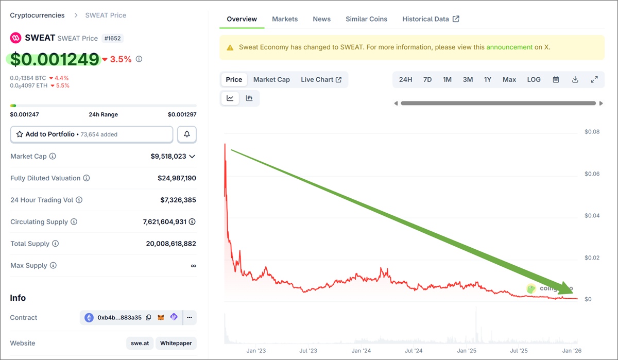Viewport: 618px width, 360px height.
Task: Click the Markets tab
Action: point(285,19)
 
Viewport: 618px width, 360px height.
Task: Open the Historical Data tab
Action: point(431,19)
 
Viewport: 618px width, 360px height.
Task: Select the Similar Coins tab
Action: point(366,19)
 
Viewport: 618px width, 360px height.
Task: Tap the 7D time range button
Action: point(427,79)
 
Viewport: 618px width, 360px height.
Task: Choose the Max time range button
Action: point(509,79)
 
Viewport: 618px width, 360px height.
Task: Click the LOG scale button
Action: point(534,79)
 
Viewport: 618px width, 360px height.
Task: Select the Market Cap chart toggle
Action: point(271,79)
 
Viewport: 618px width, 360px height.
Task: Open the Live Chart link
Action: point(321,79)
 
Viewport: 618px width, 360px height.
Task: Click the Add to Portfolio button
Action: point(92,134)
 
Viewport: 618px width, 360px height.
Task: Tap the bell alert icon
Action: point(187,134)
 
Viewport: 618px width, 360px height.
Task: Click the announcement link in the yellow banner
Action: point(509,47)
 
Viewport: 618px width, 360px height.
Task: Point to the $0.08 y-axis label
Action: point(592,132)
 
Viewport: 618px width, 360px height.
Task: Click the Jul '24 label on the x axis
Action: point(414,351)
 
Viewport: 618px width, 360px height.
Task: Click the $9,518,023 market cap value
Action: point(173,156)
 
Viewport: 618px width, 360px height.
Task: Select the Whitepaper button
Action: point(176,343)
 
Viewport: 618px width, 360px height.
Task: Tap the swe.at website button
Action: point(139,343)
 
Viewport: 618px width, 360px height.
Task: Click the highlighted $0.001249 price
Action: point(55,59)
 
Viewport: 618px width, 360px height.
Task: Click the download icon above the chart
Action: point(575,79)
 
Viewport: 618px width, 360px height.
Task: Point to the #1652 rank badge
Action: point(113,38)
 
